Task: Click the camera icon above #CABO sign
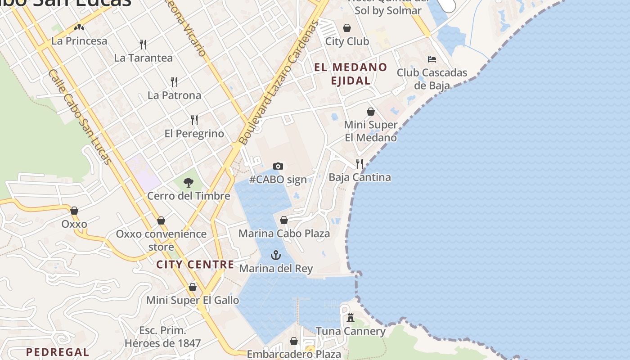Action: (x=278, y=166)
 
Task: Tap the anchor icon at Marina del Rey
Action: (x=276, y=255)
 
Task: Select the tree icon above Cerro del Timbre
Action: (x=189, y=182)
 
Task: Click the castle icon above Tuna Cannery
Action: (x=351, y=318)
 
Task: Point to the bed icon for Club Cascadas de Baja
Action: (x=432, y=59)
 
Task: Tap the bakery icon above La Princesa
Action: (x=80, y=27)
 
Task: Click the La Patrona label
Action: (x=174, y=95)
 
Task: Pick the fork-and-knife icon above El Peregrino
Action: (x=194, y=120)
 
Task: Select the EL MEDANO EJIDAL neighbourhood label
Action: (x=351, y=74)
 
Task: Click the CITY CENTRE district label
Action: (x=195, y=264)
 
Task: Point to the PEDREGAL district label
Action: (x=57, y=352)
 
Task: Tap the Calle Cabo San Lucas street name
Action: (x=79, y=117)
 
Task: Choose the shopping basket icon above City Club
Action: (x=347, y=28)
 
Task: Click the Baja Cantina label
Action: (x=360, y=177)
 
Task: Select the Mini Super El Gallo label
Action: (x=193, y=300)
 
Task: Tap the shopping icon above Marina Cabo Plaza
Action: (x=284, y=220)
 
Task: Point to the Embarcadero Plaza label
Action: (x=294, y=354)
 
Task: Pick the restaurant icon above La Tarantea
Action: (x=143, y=44)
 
